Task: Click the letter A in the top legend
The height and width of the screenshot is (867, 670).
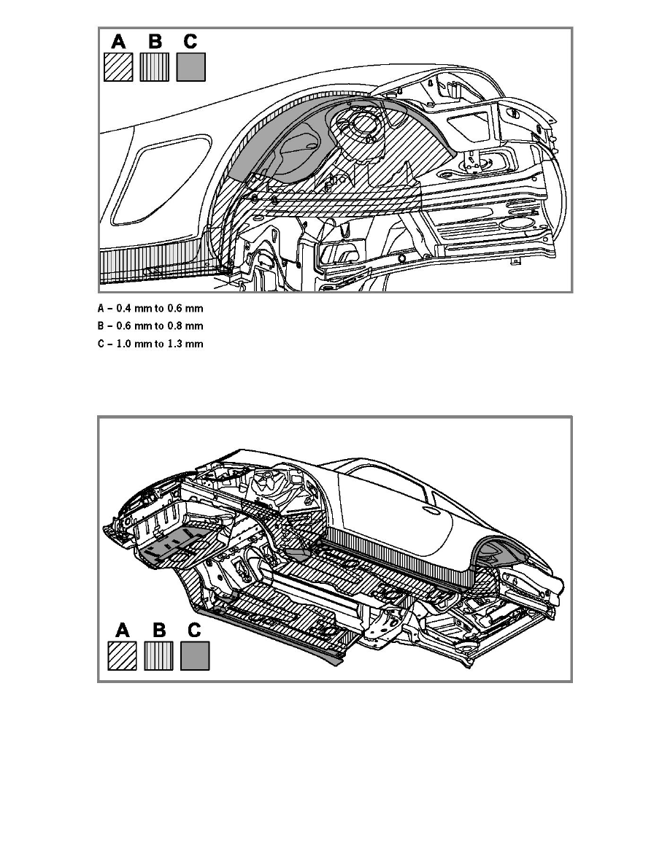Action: [118, 42]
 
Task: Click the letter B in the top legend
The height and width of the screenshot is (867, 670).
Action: [155, 42]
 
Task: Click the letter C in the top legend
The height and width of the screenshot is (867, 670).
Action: [190, 42]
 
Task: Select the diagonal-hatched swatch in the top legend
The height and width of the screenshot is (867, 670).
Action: [118, 67]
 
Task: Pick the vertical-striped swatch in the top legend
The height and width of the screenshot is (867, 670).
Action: [154, 67]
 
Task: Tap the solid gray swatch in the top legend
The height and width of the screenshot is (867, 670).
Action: [190, 67]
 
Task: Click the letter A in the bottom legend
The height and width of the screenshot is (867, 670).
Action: [122, 631]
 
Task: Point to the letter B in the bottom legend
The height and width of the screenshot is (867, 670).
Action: [159, 631]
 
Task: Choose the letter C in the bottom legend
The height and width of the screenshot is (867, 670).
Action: [194, 631]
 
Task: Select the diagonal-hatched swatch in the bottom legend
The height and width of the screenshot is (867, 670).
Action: [122, 656]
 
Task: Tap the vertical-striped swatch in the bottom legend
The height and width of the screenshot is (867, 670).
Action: [158, 656]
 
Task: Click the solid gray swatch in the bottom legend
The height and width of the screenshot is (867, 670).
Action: [195, 656]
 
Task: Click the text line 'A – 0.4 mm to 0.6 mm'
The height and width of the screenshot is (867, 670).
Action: [150, 309]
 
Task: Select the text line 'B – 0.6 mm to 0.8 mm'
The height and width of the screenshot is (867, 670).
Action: [150, 326]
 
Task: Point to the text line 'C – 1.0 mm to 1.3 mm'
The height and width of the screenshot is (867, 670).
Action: [150, 344]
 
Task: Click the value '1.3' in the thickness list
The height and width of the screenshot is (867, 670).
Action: [174, 344]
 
